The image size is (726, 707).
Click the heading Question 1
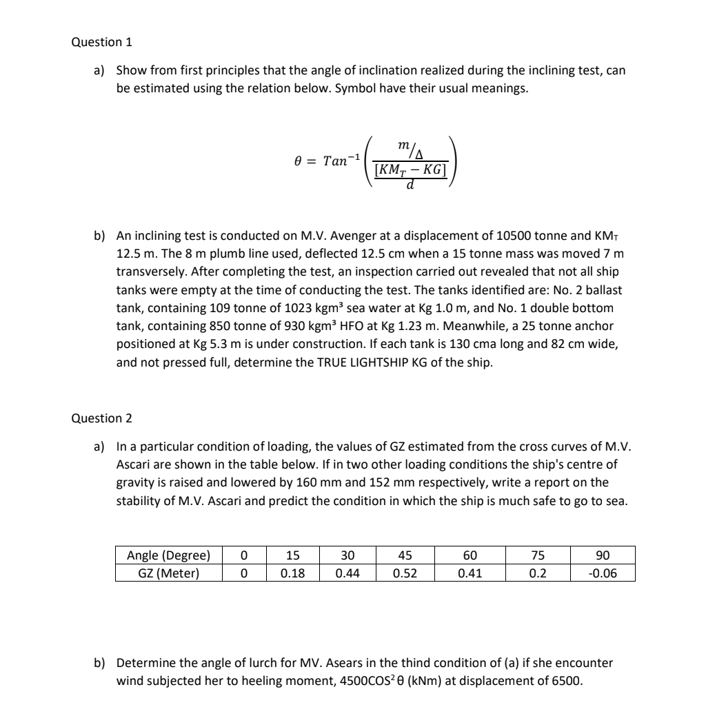click(x=101, y=42)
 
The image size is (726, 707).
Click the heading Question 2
click(x=101, y=418)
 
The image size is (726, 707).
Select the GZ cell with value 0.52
click(x=405, y=573)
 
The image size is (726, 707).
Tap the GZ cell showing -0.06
click(x=602, y=573)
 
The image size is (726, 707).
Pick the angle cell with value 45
click(x=405, y=555)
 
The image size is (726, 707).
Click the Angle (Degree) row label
click(x=168, y=555)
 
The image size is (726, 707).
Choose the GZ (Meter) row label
click(x=168, y=573)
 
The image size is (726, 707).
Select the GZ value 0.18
click(x=292, y=573)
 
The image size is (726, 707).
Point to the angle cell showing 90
click(x=602, y=555)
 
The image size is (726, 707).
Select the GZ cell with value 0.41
click(x=470, y=573)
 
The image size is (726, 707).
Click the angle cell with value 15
click(x=292, y=555)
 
